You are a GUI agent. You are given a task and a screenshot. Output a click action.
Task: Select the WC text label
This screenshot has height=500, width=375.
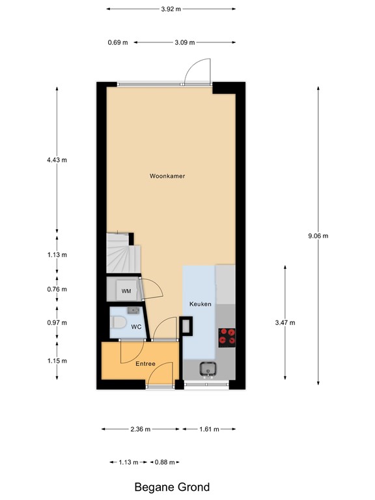click(x=136, y=327)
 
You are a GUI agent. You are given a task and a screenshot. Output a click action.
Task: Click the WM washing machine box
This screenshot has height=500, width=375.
click(x=126, y=291)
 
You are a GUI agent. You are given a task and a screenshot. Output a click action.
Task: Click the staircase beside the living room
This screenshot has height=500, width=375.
click(x=120, y=255)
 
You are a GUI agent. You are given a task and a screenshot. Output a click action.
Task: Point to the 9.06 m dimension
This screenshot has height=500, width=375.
click(x=318, y=236)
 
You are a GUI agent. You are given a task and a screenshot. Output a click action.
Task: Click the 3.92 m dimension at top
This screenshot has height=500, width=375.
click(x=171, y=9)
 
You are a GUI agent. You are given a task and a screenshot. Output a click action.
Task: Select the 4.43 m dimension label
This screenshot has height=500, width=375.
click(x=57, y=160)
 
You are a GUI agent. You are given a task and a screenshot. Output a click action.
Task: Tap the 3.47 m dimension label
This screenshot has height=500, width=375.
click(x=285, y=322)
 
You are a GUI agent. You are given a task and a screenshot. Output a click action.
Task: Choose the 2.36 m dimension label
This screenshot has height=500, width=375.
click(x=140, y=429)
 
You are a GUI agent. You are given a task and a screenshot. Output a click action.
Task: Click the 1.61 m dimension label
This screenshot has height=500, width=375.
click(x=208, y=429)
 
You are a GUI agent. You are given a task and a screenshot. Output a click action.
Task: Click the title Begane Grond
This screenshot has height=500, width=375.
click(x=172, y=486)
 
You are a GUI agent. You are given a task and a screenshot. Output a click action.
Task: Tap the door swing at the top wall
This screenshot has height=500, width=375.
click(x=197, y=71)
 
